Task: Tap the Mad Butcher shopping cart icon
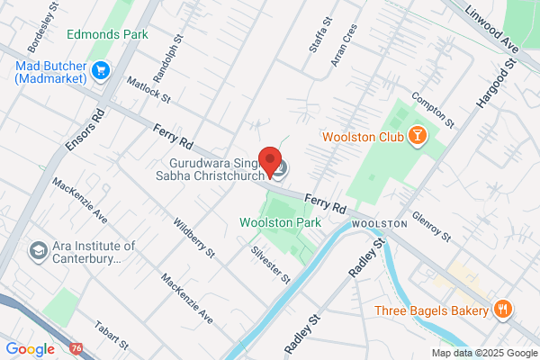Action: [x=100, y=69]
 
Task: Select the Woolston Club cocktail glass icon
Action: [x=417, y=136]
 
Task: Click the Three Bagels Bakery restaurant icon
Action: [x=502, y=310]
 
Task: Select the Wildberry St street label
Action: [x=193, y=238]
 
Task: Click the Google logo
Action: [x=30, y=348]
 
